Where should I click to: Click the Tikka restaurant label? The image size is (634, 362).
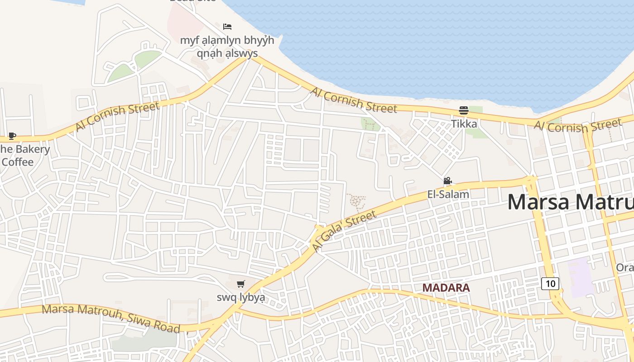point(464,124)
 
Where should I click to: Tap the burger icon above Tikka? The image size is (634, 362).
point(463,110)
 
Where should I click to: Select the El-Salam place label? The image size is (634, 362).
point(448,194)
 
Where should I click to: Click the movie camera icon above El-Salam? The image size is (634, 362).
point(447,181)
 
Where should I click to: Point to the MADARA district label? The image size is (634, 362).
point(446,287)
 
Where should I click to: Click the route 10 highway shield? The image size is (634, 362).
point(550,284)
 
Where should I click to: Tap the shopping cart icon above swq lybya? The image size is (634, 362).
point(241,284)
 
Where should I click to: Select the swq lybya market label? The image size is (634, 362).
point(240,298)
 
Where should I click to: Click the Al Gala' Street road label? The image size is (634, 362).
point(344,231)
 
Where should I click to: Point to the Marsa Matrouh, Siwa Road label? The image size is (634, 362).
point(111,319)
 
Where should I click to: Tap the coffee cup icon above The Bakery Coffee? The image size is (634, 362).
point(12,136)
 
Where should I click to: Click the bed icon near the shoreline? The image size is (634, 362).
point(227,27)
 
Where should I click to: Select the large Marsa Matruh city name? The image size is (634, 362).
point(571,202)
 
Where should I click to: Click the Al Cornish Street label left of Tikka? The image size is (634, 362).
point(353,100)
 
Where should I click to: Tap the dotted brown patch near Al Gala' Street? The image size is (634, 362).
point(356,202)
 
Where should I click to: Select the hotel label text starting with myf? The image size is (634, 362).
point(227,47)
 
